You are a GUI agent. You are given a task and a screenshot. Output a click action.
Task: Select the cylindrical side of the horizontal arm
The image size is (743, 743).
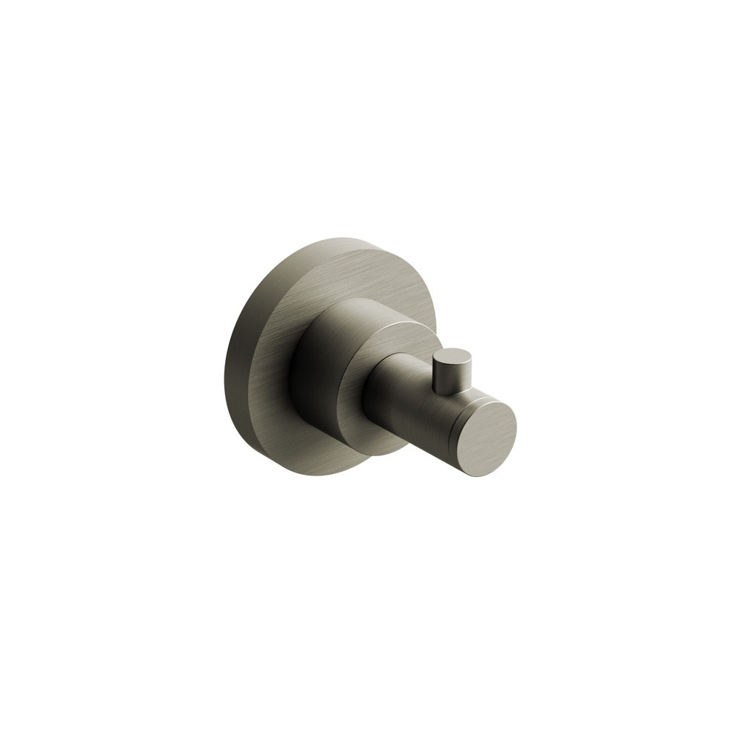pos(405,394)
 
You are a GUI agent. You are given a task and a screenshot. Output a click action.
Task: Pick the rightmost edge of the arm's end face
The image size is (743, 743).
pos(516,427)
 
